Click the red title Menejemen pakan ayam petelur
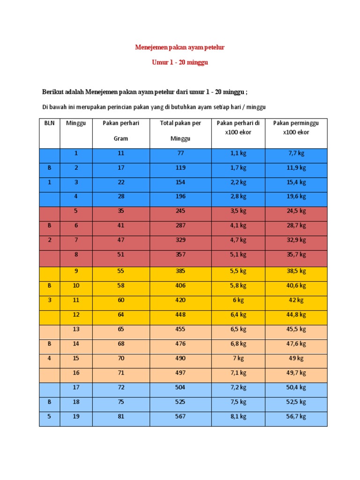[x=180, y=47]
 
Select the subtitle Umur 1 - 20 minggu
[x=180, y=62]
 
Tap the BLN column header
[x=49, y=123]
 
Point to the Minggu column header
[x=76, y=123]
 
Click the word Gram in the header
[x=121, y=139]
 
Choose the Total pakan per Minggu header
[x=180, y=131]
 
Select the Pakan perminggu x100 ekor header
[x=296, y=127]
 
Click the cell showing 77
[x=180, y=153]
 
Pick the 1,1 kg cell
[x=238, y=153]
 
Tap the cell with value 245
[x=180, y=211]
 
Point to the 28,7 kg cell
[x=296, y=225]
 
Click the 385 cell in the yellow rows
[x=180, y=271]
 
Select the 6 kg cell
[x=238, y=300]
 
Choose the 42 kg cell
[x=296, y=300]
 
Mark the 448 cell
[x=180, y=315]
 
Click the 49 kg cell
[x=296, y=358]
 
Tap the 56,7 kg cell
[x=296, y=416]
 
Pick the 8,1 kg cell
[x=238, y=416]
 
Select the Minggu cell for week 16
[x=76, y=373]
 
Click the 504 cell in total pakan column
[x=180, y=387]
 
